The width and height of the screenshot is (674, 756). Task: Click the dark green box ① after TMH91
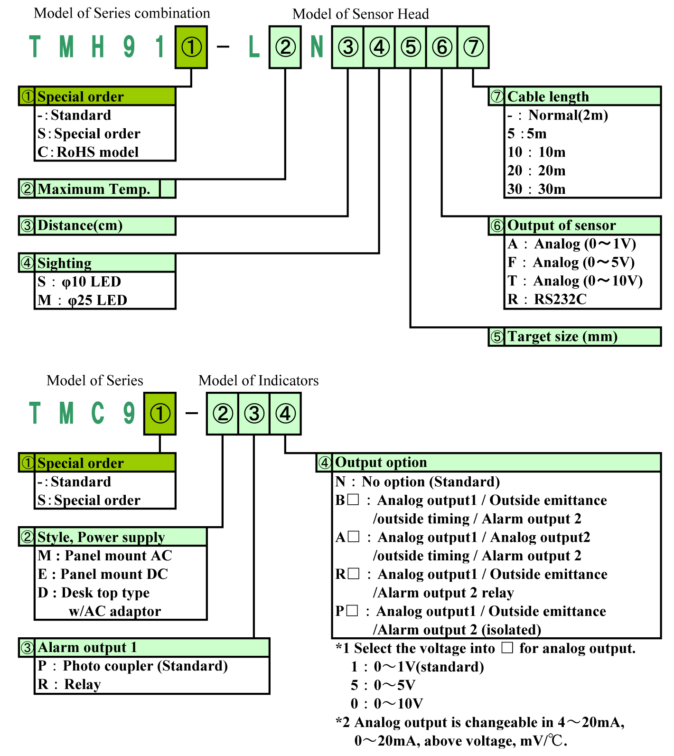(191, 47)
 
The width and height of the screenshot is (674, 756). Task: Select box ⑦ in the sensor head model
(473, 47)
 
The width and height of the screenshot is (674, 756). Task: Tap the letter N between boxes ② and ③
(317, 47)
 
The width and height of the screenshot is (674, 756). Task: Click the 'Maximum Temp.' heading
(94, 189)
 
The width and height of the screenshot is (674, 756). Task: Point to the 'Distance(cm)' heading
(80, 225)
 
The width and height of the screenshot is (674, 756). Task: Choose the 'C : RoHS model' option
(88, 152)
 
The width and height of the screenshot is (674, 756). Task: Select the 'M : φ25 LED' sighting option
(83, 300)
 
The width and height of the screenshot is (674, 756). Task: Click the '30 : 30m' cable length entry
(536, 189)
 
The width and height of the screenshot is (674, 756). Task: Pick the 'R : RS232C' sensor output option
(547, 299)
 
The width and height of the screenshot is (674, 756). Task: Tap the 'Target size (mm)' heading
(562, 336)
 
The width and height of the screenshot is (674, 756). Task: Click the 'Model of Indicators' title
(258, 380)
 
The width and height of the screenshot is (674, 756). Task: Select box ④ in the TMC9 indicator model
(285, 414)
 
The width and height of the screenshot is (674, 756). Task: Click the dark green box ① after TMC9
(160, 414)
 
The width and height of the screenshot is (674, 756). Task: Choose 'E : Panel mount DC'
(103, 574)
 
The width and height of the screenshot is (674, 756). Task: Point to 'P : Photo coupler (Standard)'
(133, 666)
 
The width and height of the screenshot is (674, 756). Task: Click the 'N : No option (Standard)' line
(418, 482)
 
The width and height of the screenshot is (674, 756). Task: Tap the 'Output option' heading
(381, 462)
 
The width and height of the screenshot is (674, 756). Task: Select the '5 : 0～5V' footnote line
(383, 685)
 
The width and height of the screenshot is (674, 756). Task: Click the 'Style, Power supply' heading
(101, 537)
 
